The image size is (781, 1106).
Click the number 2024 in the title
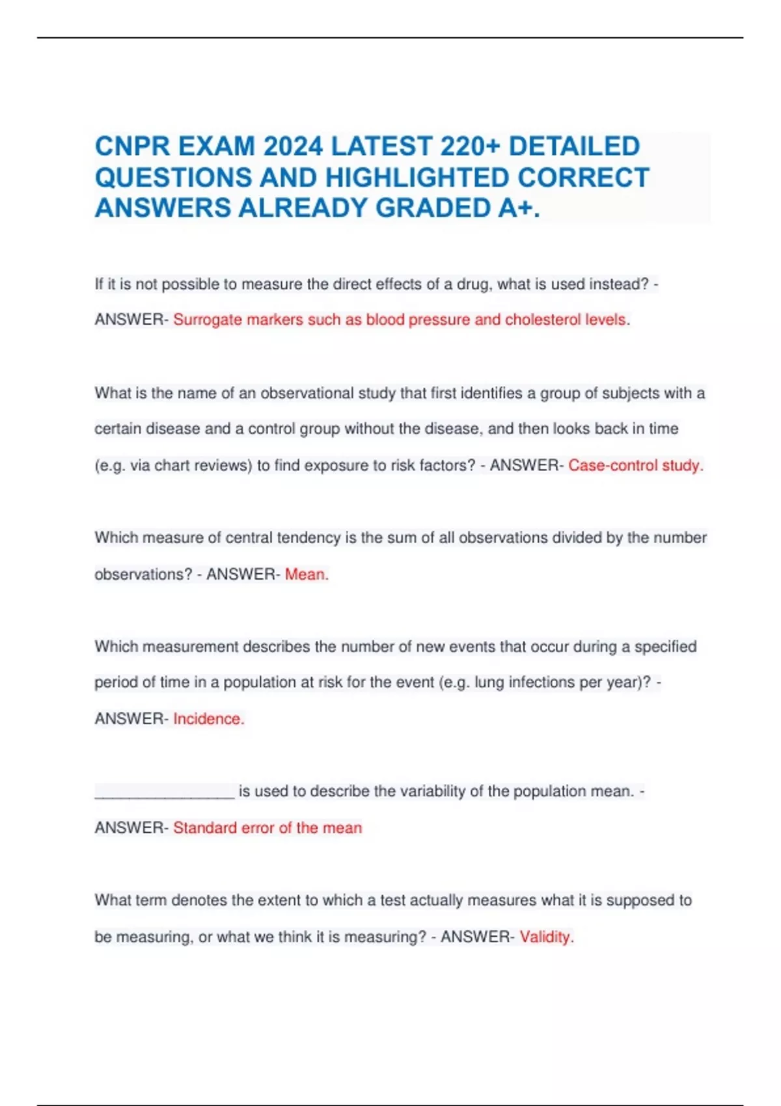point(292,146)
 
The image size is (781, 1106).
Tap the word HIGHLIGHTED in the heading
point(417,178)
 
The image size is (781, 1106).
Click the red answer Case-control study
point(635,465)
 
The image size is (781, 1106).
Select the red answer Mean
point(307,574)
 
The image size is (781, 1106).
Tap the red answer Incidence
point(208,719)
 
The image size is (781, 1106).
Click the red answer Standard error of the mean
point(267,828)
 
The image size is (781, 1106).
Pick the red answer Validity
point(546,937)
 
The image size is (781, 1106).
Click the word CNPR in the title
point(132,146)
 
